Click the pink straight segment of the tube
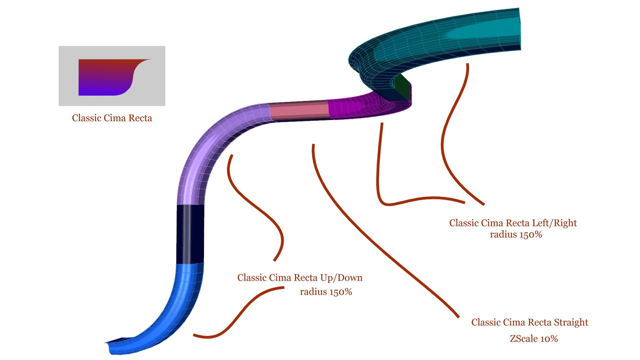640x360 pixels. click(298, 112)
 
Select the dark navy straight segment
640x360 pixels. click(189, 233)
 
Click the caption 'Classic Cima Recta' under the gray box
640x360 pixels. click(112, 118)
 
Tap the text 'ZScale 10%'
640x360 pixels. click(534, 339)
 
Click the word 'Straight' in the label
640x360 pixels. click(571, 322)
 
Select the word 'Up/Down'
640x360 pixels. click(341, 278)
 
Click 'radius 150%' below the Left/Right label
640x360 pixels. click(516, 235)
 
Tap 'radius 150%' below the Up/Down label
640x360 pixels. click(326, 292)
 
